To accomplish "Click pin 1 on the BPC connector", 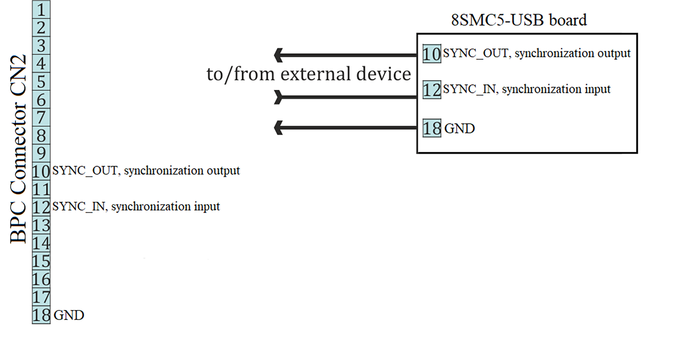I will [41, 9].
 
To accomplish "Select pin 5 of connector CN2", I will [41, 81].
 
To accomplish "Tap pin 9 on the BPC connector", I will [41, 153].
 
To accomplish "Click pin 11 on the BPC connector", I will [41, 190].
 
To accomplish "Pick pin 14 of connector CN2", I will [41, 243].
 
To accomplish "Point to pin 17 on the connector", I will [41, 297].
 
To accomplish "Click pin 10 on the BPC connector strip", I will [41, 171].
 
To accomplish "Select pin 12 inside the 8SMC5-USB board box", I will [432, 90].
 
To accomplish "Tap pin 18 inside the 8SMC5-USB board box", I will [432, 128].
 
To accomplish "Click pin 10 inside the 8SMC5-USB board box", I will [432, 54].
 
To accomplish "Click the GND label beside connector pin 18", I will [69, 315].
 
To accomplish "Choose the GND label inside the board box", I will [459, 128].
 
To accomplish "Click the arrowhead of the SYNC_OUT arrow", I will [278, 55].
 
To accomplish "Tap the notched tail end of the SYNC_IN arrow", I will [278, 97].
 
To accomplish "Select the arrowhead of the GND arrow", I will [278, 128].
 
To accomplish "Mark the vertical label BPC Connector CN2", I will [18, 149].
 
